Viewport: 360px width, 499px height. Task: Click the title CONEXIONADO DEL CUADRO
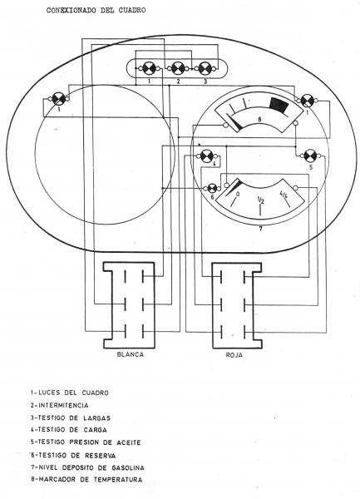tap(96, 10)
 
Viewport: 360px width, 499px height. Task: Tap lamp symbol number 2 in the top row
tap(177, 68)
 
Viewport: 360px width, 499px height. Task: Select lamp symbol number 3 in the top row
tap(205, 68)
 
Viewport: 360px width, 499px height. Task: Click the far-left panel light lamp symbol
tap(58, 99)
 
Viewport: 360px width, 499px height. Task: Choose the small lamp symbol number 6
tap(213, 188)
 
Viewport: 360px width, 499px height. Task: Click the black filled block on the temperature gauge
tap(279, 105)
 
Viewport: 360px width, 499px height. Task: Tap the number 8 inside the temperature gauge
tap(259, 120)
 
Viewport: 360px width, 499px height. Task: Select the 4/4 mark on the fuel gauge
tap(284, 195)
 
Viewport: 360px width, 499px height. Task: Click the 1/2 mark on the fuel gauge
tap(260, 200)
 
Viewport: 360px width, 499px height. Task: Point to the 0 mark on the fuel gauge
tap(238, 194)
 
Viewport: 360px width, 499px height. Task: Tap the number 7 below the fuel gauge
tap(261, 229)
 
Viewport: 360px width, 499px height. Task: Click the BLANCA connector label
tap(131, 354)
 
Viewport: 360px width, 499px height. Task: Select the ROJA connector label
tap(234, 355)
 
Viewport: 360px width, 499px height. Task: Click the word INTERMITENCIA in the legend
tap(64, 406)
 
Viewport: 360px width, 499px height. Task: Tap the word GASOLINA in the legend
tap(128, 467)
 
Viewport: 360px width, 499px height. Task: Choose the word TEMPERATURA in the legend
tap(119, 479)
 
